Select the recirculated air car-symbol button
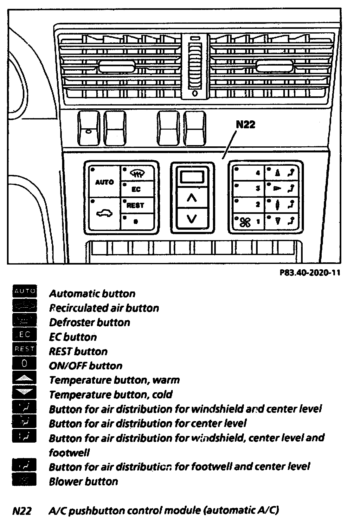pyautogui.click(x=105, y=214)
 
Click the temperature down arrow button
pyautogui.click(x=192, y=219)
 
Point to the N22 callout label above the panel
pyautogui.click(x=245, y=125)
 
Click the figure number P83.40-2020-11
pyautogui.click(x=310, y=273)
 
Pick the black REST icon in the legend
pyautogui.click(x=24, y=349)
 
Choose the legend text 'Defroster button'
pyautogui.click(x=90, y=322)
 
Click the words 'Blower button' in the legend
pyautogui.click(x=83, y=481)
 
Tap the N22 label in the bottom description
pyautogui.click(x=22, y=511)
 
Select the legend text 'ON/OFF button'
pyautogui.click(x=86, y=366)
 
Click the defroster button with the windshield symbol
pyautogui.click(x=138, y=174)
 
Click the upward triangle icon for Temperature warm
pyautogui.click(x=24, y=378)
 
